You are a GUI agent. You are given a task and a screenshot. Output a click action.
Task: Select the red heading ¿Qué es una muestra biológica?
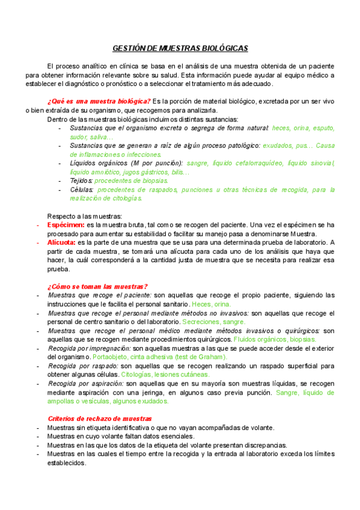tap(99, 101)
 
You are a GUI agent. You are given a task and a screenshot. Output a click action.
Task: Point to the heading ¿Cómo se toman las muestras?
tap(97, 286)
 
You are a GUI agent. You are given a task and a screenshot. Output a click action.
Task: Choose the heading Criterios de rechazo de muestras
tap(99, 418)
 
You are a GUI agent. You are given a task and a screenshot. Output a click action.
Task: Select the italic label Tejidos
tap(81, 180)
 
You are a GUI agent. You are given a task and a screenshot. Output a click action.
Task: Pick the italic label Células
tap(81, 189)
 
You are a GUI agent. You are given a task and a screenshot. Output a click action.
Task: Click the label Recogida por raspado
tap(82, 366)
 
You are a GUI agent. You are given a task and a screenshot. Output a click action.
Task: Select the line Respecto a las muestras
tap(84, 216)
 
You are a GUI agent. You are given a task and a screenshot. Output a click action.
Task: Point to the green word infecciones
tap(143, 155)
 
